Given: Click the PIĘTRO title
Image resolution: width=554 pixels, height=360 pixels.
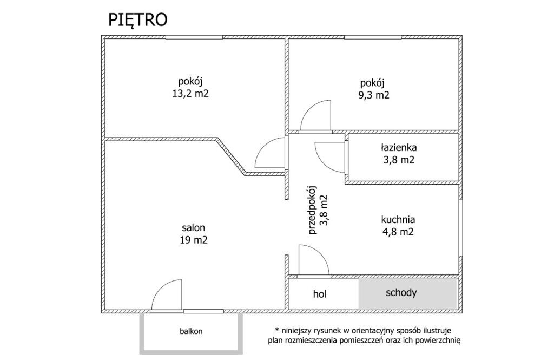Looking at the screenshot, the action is coord(137,20).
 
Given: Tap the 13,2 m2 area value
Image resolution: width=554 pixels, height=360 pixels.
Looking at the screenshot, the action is coord(190,94).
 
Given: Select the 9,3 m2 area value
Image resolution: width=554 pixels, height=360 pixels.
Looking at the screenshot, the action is coord(374,95).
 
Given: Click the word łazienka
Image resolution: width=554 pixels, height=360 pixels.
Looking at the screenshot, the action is coord(399,147).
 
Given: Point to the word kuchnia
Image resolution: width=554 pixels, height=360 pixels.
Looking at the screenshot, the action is coord(398,220).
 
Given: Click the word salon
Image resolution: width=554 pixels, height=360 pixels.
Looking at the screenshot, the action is coord(193,228).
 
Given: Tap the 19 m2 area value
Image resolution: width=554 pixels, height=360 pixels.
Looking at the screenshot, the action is coord(193,240).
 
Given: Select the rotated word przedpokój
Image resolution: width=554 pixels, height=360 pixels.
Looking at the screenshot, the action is coord(312,210).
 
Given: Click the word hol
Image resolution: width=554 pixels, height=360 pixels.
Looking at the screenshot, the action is coord(319,294).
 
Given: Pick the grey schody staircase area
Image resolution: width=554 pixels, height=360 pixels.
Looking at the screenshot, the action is coord(408,293).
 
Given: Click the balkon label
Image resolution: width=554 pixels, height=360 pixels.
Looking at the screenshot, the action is coord(191,331).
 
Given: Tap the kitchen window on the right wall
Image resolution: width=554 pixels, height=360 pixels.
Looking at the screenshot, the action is coord(461,227).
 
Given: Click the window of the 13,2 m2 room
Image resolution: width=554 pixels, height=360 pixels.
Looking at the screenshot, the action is coord(194,37).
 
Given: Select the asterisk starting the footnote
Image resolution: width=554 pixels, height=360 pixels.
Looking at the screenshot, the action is coord(278,330).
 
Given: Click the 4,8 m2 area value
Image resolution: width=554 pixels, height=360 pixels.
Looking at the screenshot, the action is coord(398,232).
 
